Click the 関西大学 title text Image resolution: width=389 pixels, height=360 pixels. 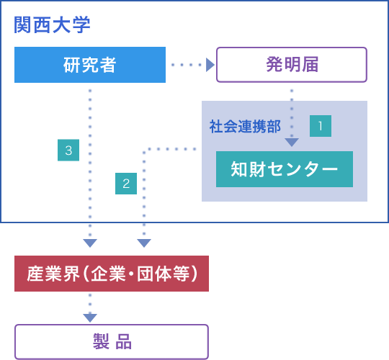click(x=52, y=24)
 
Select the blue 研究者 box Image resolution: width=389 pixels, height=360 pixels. click(x=90, y=65)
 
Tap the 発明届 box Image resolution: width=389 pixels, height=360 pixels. click(x=292, y=65)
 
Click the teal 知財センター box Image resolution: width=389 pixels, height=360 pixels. click(x=285, y=169)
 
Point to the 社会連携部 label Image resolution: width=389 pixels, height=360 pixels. click(x=245, y=126)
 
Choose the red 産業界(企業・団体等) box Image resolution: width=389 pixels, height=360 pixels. click(x=112, y=274)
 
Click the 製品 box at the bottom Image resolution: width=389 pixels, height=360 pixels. click(x=112, y=341)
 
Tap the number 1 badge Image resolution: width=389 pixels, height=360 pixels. click(x=321, y=126)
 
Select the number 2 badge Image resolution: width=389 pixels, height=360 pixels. click(x=126, y=184)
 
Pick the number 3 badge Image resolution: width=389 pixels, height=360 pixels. click(x=68, y=150)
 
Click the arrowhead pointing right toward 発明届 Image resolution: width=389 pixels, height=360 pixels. click(x=210, y=65)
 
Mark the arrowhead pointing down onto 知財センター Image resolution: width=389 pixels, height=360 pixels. click(x=292, y=142)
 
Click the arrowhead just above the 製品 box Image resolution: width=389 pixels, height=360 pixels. click(x=90, y=318)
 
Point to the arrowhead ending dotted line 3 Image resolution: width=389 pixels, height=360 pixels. click(x=90, y=243)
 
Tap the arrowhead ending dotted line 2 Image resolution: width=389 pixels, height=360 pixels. click(x=144, y=243)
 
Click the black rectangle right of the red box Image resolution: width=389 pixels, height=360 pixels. click(x=218, y=276)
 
